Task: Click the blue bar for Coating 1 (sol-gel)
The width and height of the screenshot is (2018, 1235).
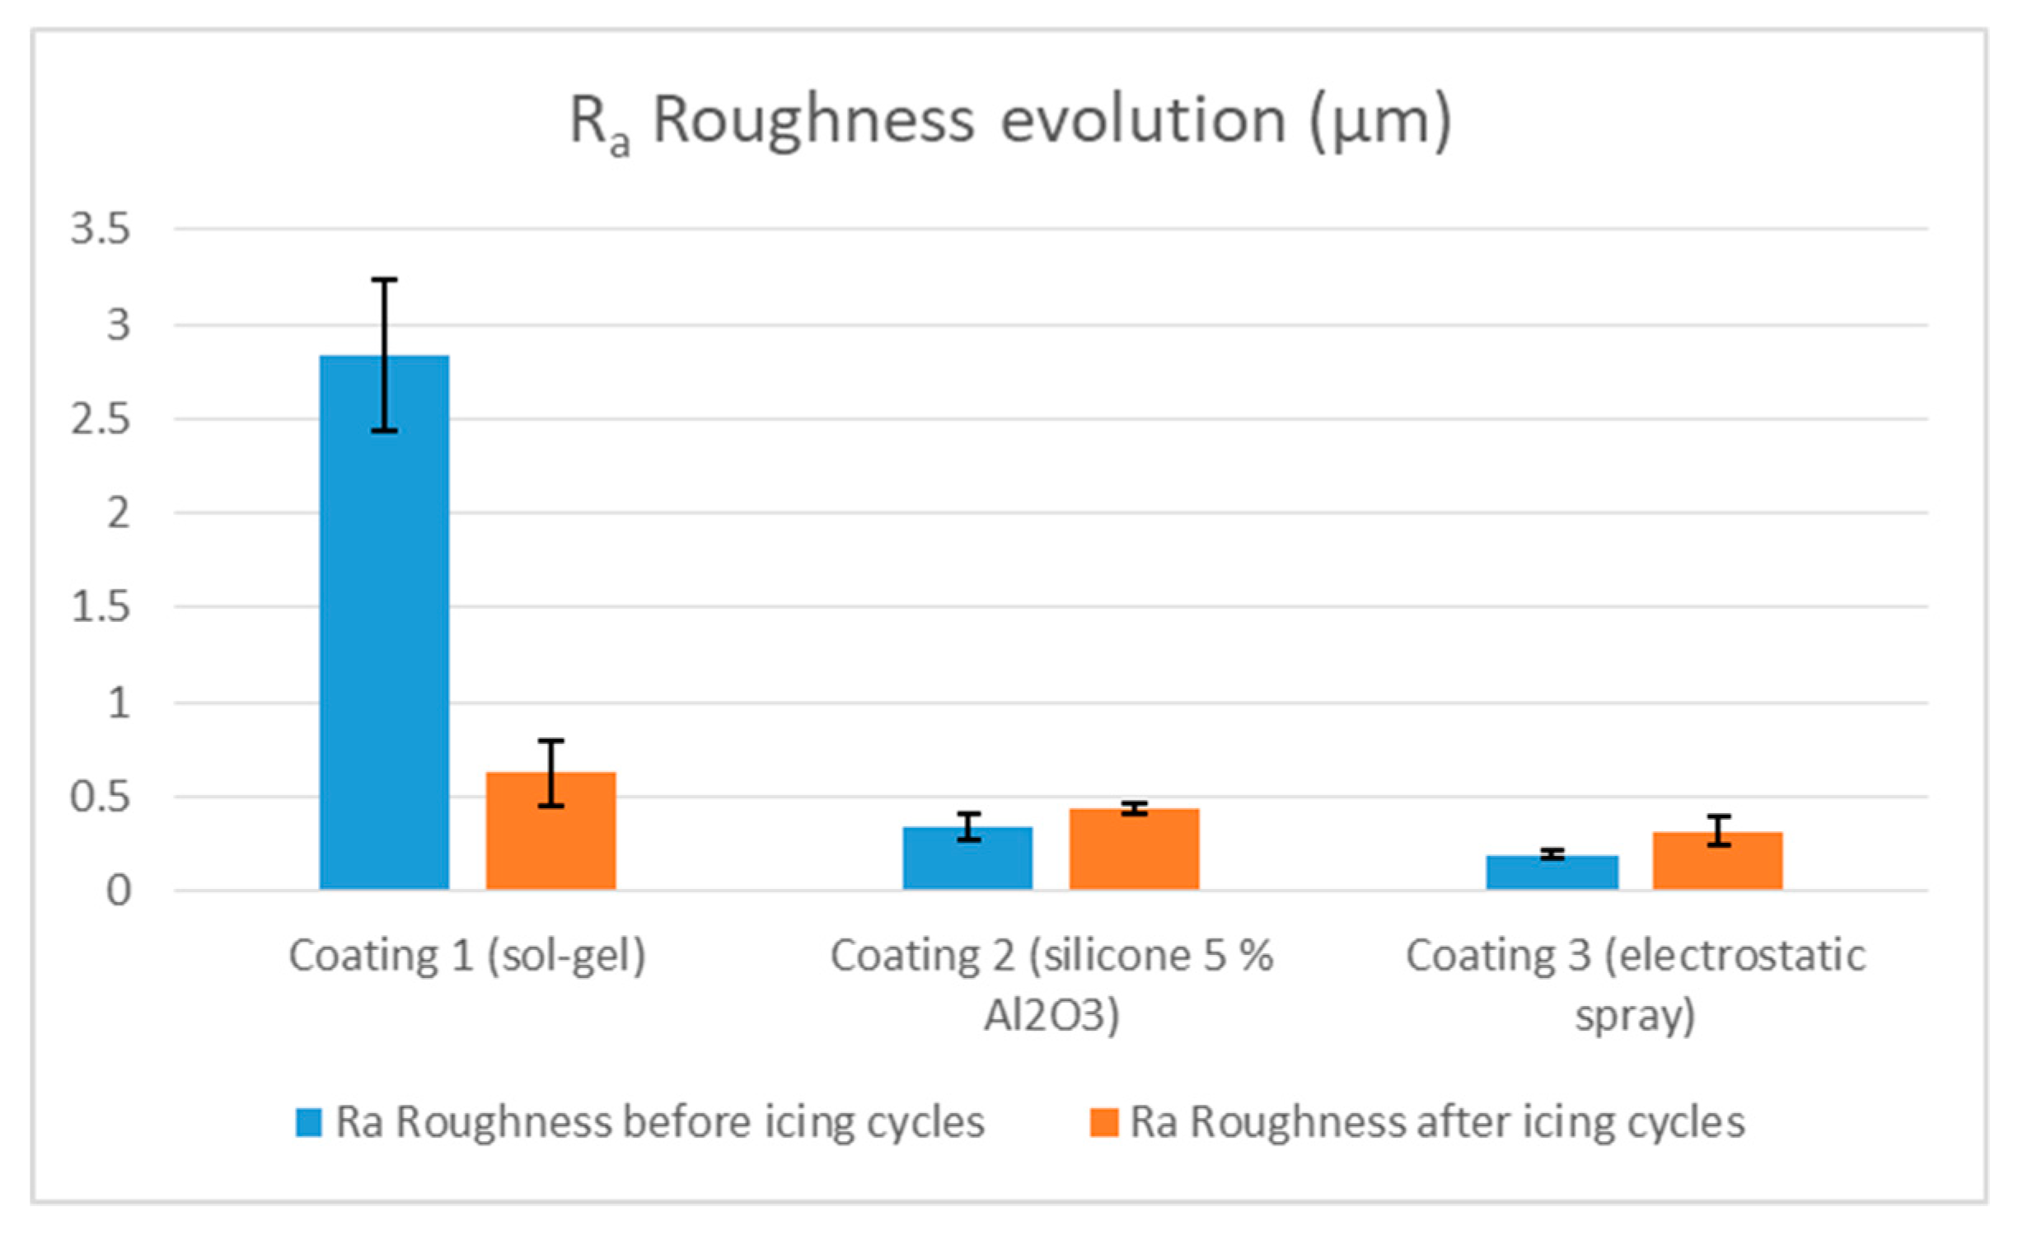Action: click(384, 626)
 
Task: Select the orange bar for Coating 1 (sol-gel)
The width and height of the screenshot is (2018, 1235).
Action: click(550, 832)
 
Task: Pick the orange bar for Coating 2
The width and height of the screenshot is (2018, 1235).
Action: click(1134, 850)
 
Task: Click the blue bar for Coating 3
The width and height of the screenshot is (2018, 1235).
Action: click(1552, 873)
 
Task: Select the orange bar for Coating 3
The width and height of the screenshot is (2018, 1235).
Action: click(1718, 862)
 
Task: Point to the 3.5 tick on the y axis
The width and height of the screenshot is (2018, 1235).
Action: click(101, 228)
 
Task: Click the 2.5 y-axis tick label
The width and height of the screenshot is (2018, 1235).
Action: click(101, 419)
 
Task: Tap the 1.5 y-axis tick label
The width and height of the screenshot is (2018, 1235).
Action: click(101, 608)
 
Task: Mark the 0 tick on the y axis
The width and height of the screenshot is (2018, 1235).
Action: click(119, 891)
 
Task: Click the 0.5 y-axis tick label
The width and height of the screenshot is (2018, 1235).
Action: click(101, 798)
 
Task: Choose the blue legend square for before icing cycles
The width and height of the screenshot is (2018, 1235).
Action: click(308, 1123)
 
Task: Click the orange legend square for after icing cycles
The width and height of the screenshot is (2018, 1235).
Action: click(1103, 1123)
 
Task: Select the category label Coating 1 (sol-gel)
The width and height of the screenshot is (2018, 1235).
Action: click(467, 957)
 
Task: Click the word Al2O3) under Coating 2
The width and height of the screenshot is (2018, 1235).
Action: click(1051, 1015)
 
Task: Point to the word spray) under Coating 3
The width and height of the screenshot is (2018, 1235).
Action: click(1635, 1015)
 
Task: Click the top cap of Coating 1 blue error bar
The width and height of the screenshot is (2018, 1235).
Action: click(384, 280)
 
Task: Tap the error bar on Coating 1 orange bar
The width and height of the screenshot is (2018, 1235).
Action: click(550, 773)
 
